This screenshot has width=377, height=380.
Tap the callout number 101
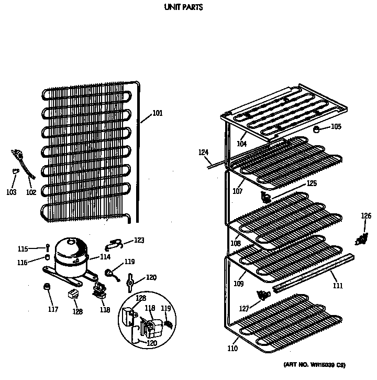(x=158, y=113)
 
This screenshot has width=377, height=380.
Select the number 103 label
(x=12, y=192)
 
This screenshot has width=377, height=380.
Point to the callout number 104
(x=241, y=144)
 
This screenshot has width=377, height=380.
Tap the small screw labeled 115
(x=47, y=248)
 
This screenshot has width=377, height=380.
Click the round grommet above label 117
(x=47, y=287)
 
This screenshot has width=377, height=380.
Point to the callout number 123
(x=139, y=241)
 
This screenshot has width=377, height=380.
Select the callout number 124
(x=203, y=153)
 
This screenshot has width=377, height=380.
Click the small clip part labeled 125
(x=266, y=197)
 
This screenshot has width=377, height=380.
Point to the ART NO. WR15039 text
(x=314, y=364)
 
